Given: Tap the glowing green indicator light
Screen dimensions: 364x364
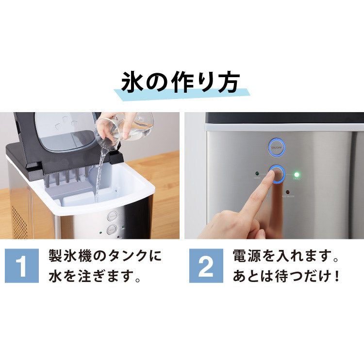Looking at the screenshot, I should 296,174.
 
